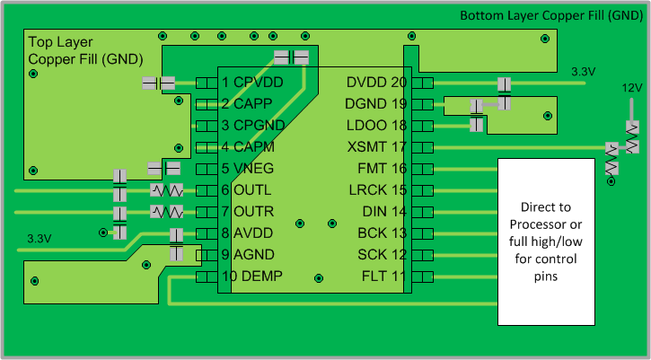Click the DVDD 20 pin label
tap(376, 83)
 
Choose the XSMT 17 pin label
tap(377, 147)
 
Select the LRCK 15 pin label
tap(377, 190)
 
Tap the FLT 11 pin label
tap(383, 277)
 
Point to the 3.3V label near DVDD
tap(583, 71)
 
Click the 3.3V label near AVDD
tap(39, 239)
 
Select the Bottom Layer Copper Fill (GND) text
tap(550, 15)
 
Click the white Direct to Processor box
tap(546, 241)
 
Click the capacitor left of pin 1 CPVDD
tap(159, 83)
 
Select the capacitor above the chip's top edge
tap(291, 57)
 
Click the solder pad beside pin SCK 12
tap(424, 255)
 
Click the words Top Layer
tap(59, 41)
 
